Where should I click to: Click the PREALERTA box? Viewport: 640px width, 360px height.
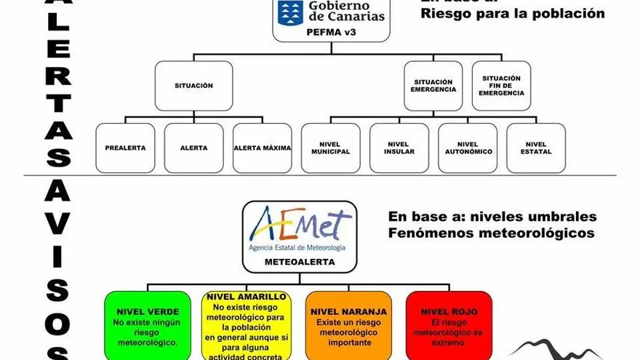coord(125,148)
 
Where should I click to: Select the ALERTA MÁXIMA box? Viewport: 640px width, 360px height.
coord(263,148)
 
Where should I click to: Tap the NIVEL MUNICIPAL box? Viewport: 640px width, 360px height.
coord(331,148)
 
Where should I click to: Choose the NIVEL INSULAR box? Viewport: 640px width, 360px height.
coord(399,148)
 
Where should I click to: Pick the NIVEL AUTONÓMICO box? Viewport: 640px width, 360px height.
coord(468,148)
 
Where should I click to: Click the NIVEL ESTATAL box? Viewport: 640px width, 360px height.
coord(536,148)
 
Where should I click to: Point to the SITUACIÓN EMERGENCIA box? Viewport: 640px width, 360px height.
coord(434,85)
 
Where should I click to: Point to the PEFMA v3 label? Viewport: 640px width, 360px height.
coord(331,32)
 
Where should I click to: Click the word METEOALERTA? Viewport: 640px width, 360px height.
coord(300,260)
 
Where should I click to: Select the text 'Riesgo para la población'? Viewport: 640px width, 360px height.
coord(513,13)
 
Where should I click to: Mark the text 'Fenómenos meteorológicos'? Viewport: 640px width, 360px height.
coord(491,233)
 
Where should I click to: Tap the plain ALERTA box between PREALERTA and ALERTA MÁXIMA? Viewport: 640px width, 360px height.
coord(194,148)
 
